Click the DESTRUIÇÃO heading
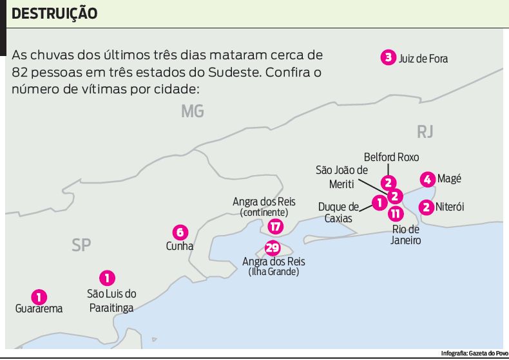pyautogui.click(x=55, y=13)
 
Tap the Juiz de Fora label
pyautogui.click(x=423, y=59)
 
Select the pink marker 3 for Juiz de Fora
pyautogui.click(x=387, y=58)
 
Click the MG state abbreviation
pyautogui.click(x=192, y=111)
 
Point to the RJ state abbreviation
pyautogui.click(x=425, y=132)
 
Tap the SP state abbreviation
pyautogui.click(x=81, y=245)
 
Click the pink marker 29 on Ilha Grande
pyautogui.click(x=273, y=248)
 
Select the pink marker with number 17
pyautogui.click(x=275, y=226)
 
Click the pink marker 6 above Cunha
pyautogui.click(x=180, y=232)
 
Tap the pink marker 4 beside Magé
pyautogui.click(x=427, y=179)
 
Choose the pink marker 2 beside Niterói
pyautogui.click(x=425, y=207)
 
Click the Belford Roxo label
pyautogui.click(x=391, y=156)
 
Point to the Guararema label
pyautogui.click(x=39, y=308)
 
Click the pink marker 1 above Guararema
pyautogui.click(x=39, y=296)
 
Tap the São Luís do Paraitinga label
pyautogui.click(x=111, y=301)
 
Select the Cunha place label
pyautogui.click(x=180, y=246)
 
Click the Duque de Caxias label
pyautogui.click(x=339, y=213)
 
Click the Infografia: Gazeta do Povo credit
pyautogui.click(x=474, y=354)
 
